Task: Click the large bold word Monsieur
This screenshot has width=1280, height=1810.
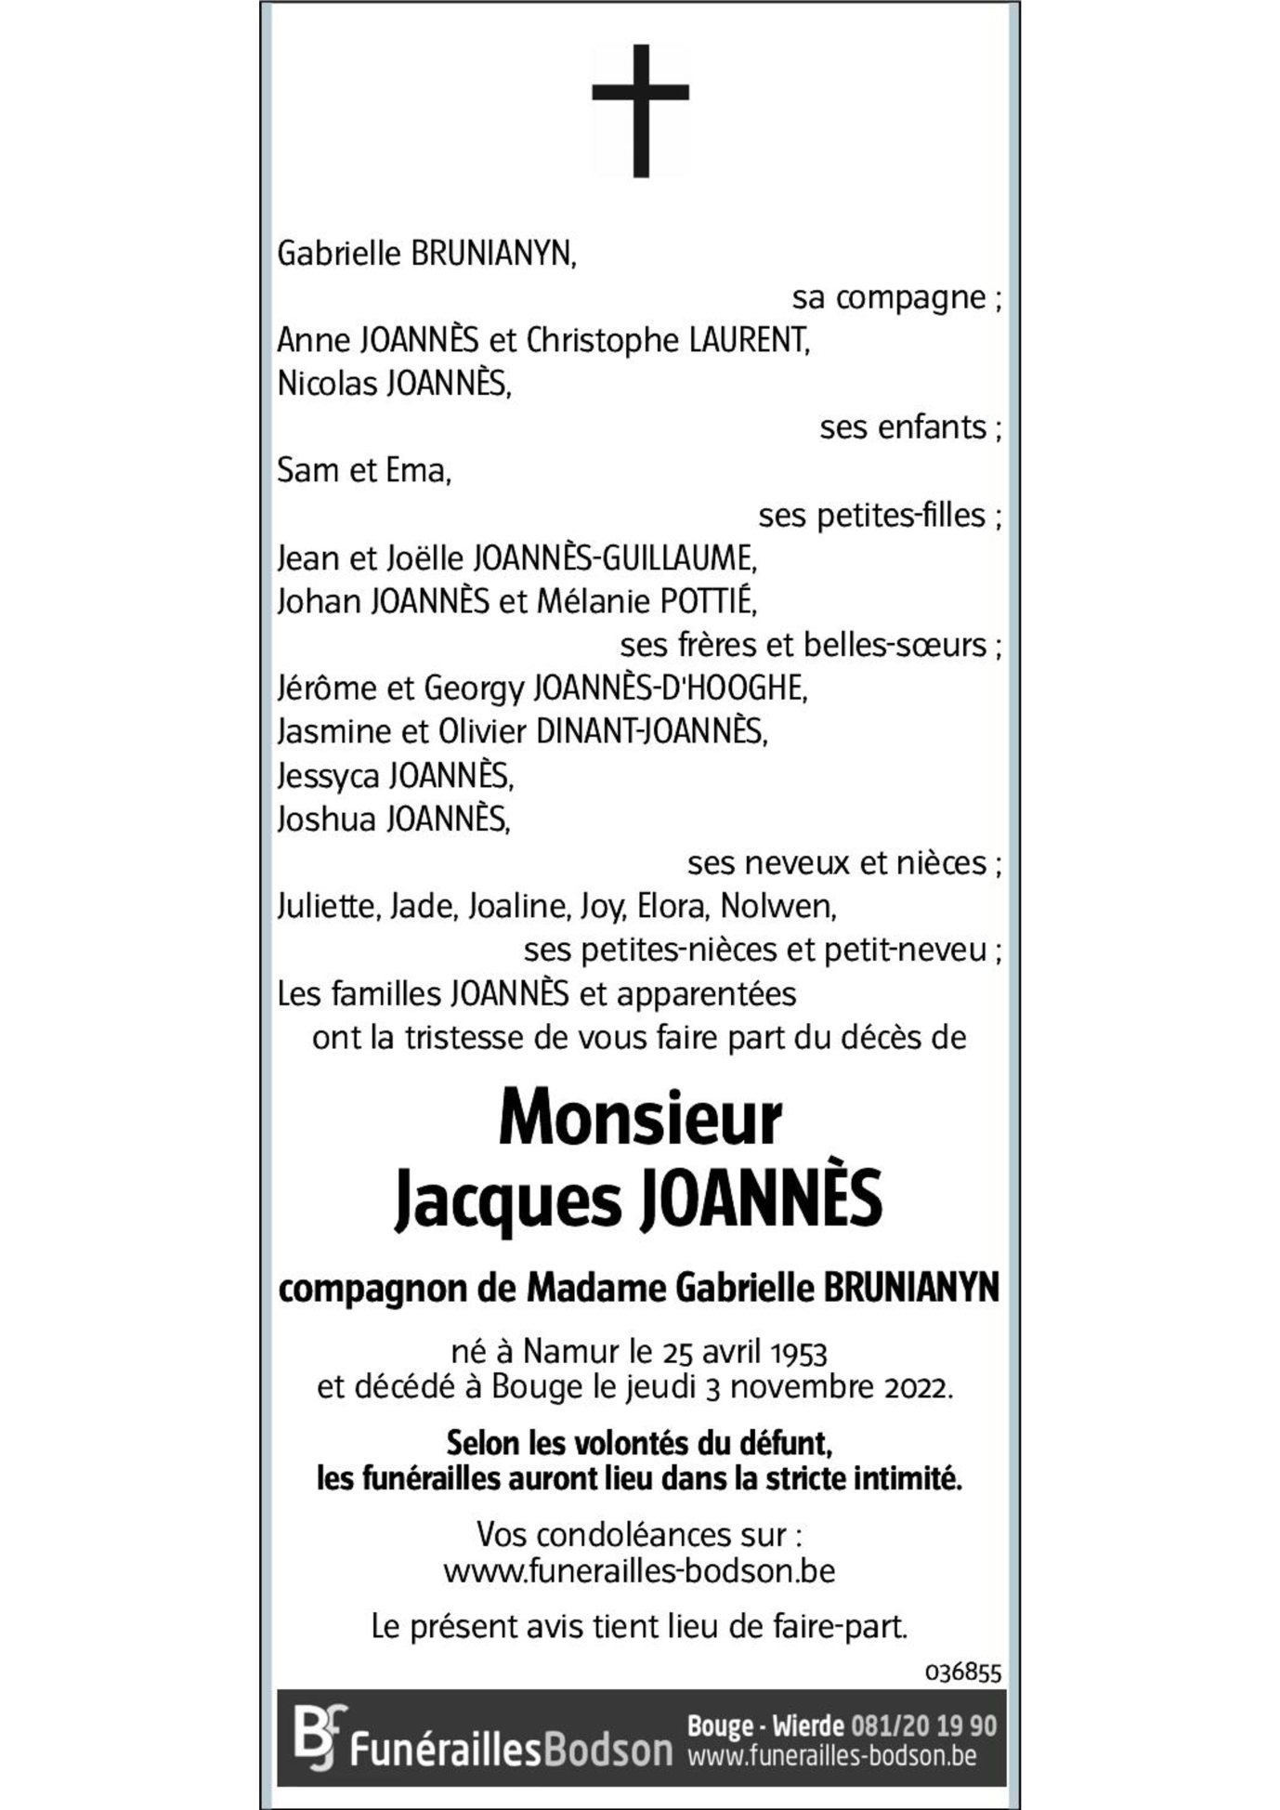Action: click(x=640, y=1120)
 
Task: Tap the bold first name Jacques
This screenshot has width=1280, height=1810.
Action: click(x=507, y=1200)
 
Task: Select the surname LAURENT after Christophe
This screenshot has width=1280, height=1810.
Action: click(x=749, y=341)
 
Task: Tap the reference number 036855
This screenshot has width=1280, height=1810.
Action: click(x=962, y=1672)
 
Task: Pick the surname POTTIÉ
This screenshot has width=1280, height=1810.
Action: click(x=708, y=602)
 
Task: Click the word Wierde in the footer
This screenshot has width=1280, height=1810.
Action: click(x=808, y=1725)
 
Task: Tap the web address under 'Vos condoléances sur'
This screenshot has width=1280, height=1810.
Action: click(x=639, y=1571)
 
